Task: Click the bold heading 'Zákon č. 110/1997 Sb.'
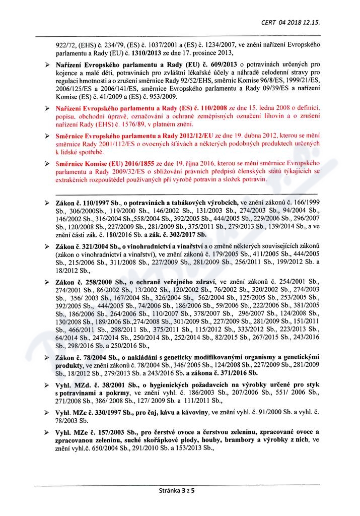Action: (x=86, y=201)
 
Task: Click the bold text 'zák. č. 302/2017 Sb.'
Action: (x=174, y=234)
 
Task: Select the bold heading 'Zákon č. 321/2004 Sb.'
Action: (x=85, y=245)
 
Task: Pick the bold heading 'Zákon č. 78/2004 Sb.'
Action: (x=84, y=357)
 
